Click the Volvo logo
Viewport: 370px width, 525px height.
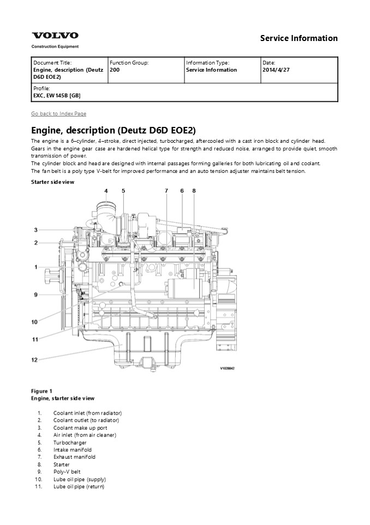point(55,36)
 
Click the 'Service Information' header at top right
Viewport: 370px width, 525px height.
point(299,38)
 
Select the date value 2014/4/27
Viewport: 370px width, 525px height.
point(276,70)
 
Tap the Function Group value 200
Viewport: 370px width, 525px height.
point(115,70)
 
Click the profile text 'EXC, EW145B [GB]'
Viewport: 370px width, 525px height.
point(57,95)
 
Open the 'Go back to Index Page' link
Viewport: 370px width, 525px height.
point(58,114)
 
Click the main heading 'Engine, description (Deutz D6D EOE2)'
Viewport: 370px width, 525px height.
point(113,130)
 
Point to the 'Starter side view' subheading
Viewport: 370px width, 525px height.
point(52,182)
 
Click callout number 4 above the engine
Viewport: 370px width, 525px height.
point(106,191)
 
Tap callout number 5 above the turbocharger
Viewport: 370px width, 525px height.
point(123,191)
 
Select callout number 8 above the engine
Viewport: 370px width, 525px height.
point(194,191)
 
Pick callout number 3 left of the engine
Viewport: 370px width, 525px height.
point(35,230)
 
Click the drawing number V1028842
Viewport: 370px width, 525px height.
point(230,369)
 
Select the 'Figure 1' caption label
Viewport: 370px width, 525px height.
point(41,391)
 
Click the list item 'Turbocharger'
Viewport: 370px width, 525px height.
point(70,442)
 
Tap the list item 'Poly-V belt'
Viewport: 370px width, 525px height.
point(67,472)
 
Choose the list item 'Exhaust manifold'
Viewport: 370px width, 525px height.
point(74,457)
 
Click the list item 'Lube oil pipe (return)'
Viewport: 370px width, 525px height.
point(79,487)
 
